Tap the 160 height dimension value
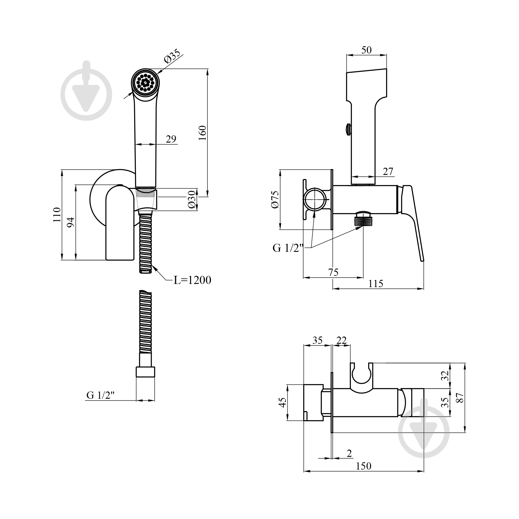coord(203,133)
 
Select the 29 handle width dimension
coord(171,139)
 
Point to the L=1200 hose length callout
coord(192,280)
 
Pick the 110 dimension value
coord(57,215)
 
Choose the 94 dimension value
coord(71,222)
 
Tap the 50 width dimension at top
coord(366,50)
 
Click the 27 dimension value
coord(388,171)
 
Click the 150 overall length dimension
coord(363,466)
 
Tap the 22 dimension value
coord(342,340)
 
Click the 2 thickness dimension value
coord(349,454)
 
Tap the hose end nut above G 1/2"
coord(145,372)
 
